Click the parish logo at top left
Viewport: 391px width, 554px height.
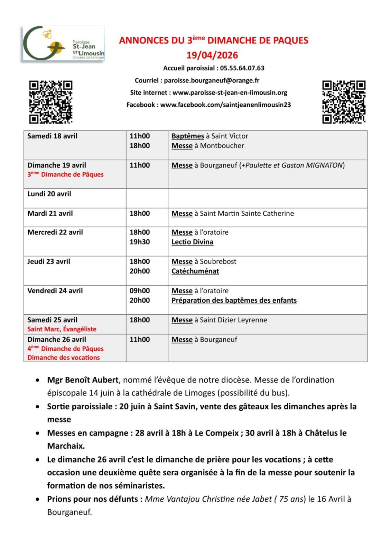[64, 44]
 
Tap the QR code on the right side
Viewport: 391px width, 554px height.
[344, 102]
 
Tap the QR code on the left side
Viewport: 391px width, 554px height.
[50, 102]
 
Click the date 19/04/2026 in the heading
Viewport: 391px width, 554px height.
[212, 55]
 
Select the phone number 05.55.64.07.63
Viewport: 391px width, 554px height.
[242, 68]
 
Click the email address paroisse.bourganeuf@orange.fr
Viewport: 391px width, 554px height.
[212, 81]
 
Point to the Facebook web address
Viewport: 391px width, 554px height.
[225, 105]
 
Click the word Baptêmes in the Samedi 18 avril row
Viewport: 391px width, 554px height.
[188, 136]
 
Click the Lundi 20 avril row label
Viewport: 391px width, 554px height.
[49, 194]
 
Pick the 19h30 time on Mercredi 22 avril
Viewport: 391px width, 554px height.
[140, 242]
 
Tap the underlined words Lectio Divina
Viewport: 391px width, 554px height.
[192, 242]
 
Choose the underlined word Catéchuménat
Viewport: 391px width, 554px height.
[195, 271]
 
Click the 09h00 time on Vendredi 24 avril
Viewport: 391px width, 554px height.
[140, 291]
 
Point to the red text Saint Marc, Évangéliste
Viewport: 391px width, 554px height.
[62, 329]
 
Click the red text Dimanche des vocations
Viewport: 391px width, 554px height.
[64, 358]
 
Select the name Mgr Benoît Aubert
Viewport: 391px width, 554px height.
[83, 380]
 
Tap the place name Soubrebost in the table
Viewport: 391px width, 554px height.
[218, 262]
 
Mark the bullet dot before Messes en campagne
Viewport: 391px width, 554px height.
[38, 434]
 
